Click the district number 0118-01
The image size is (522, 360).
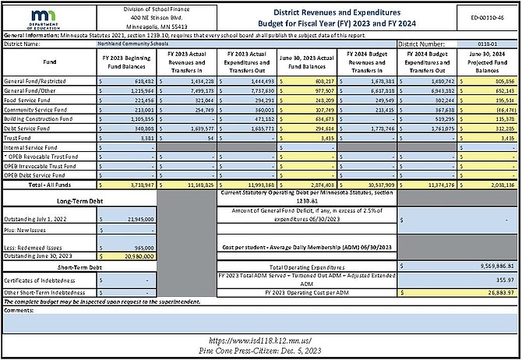pos(478,44)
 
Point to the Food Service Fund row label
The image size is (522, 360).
pos(26,100)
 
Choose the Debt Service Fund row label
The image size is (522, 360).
pos(26,128)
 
